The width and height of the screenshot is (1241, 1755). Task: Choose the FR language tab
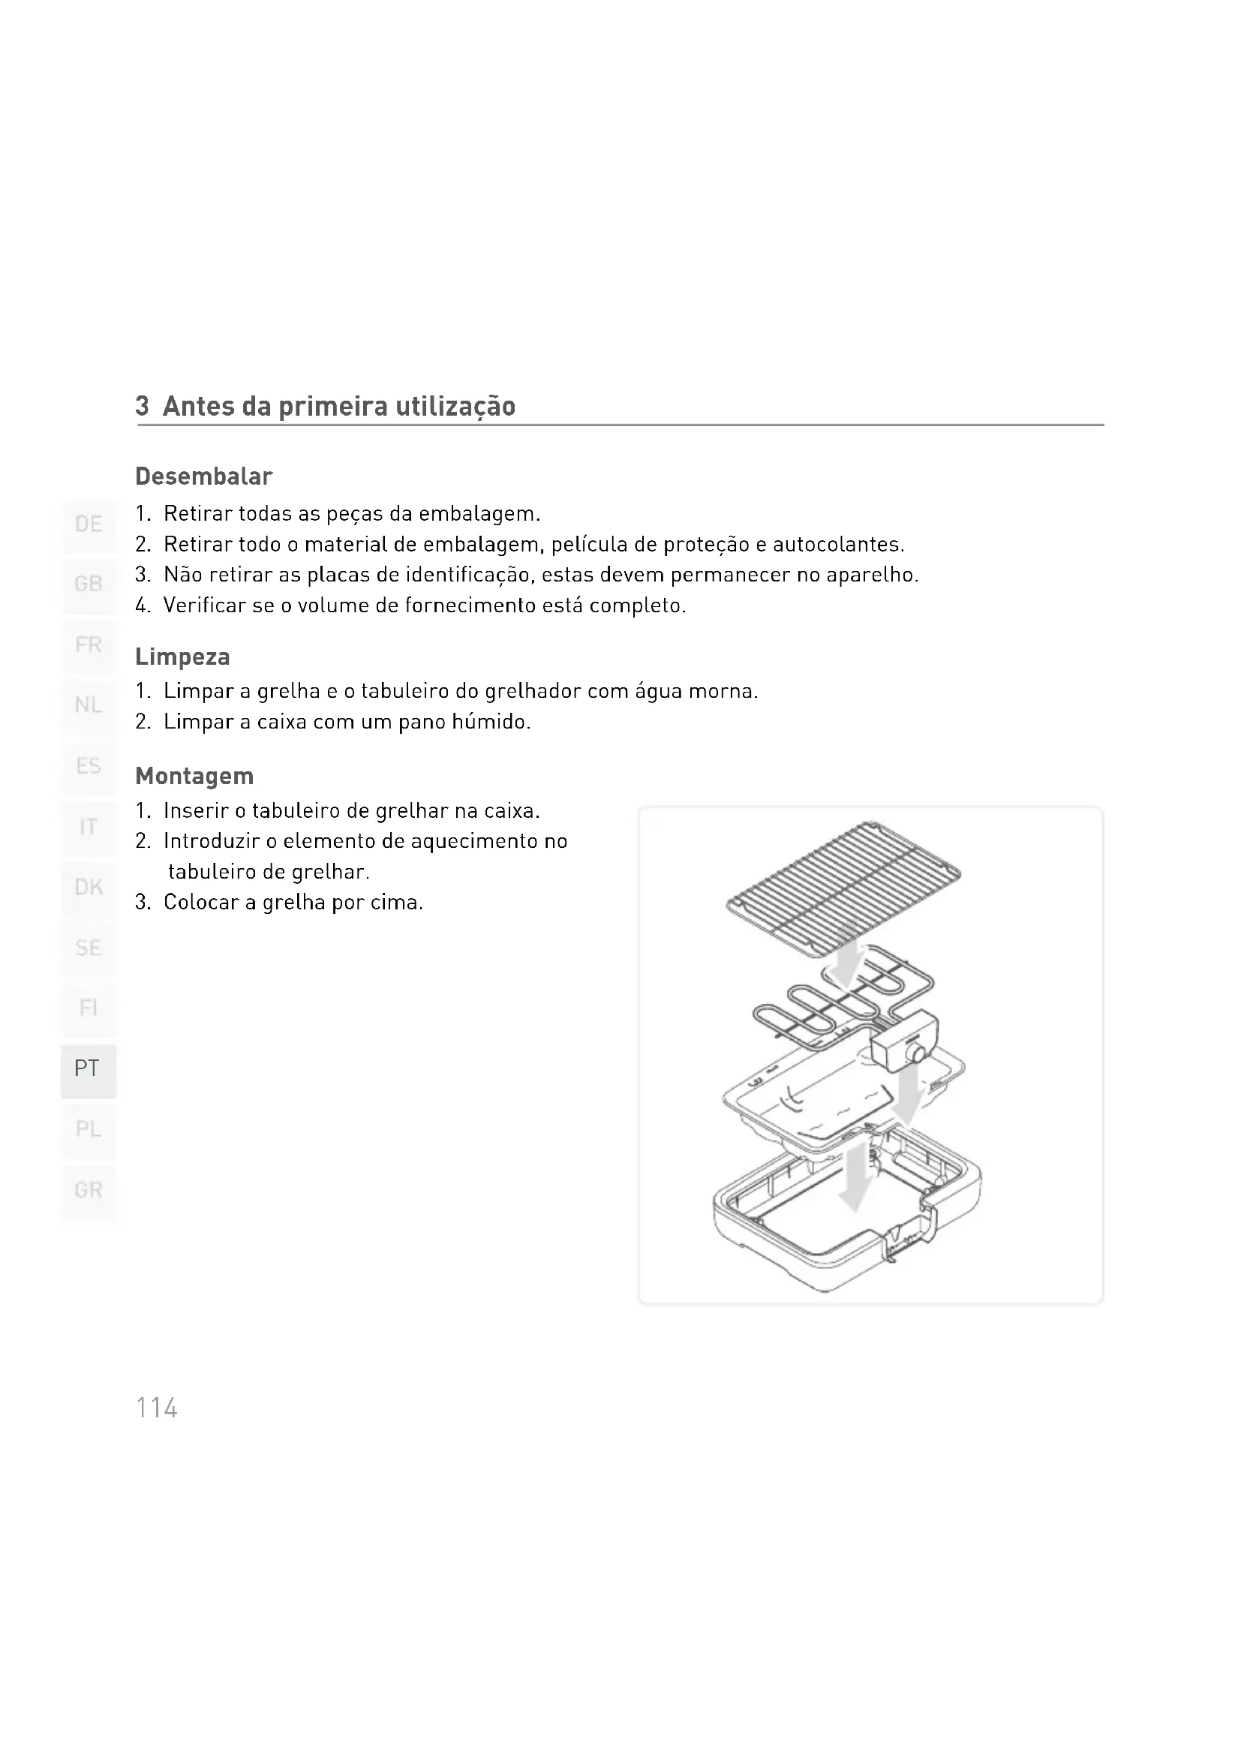click(89, 647)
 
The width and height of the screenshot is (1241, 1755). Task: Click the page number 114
click(157, 1407)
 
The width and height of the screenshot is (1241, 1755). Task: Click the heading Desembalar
click(203, 477)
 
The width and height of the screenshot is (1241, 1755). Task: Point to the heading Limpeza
click(182, 657)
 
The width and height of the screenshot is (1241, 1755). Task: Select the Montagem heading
click(194, 777)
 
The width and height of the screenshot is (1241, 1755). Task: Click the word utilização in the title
click(455, 407)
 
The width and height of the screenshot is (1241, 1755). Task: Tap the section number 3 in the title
click(141, 406)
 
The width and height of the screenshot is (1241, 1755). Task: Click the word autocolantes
click(838, 545)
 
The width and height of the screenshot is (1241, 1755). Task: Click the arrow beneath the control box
click(907, 1092)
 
